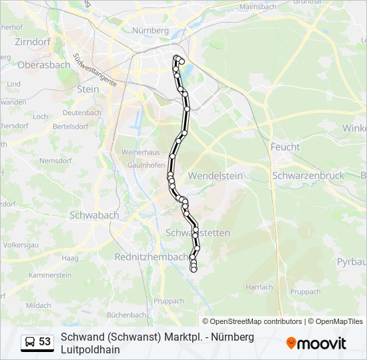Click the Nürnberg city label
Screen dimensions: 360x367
(150, 31)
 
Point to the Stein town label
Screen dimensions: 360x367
(88, 89)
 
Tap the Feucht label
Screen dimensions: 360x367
(285, 147)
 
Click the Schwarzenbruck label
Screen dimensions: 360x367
(308, 175)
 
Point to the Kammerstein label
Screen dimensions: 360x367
(50, 275)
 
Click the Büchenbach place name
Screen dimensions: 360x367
(127, 315)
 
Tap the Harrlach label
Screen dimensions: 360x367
(259, 287)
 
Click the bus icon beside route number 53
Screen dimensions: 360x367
(30, 342)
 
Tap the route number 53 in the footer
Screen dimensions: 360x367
(45, 342)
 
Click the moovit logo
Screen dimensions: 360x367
(316, 343)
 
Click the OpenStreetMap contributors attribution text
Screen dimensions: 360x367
(256, 321)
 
